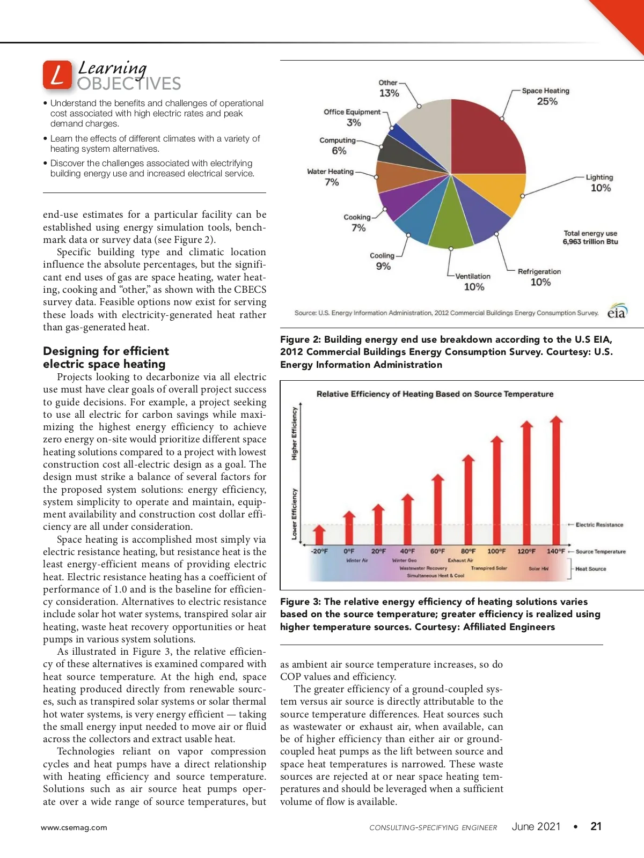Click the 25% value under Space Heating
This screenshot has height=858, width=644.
coord(547,102)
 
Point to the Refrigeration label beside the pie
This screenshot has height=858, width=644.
coord(539,272)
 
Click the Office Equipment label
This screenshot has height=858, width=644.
coord(352,112)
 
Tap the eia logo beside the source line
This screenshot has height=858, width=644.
coord(617,312)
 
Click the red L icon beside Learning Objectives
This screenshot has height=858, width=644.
coord(57,75)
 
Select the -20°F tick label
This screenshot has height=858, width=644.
coord(319,551)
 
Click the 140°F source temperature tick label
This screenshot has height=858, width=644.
coord(556,551)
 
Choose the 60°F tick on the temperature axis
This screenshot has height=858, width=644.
coord(437,551)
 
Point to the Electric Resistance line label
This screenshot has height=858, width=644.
coord(599,525)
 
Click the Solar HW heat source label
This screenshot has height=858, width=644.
coord(538,568)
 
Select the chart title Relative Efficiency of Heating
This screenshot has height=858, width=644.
coord(435,394)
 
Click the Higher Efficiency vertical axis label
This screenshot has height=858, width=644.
coord(295,433)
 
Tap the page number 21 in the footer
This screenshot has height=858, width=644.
coord(596,826)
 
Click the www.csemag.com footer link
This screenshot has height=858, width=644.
coord(74,827)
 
